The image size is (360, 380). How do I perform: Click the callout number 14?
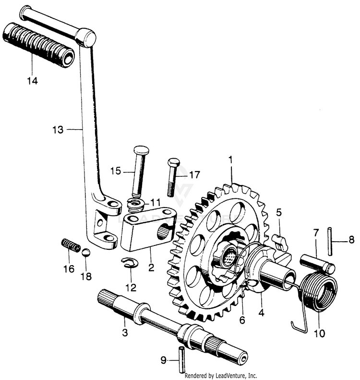tap(32, 81)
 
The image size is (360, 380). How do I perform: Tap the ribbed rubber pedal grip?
tap(38, 45)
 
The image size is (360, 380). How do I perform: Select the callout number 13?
tap(58, 129)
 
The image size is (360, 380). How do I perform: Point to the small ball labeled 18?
tap(85, 253)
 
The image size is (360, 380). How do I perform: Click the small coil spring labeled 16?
tap(71, 245)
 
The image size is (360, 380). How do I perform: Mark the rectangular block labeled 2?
tap(144, 231)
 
